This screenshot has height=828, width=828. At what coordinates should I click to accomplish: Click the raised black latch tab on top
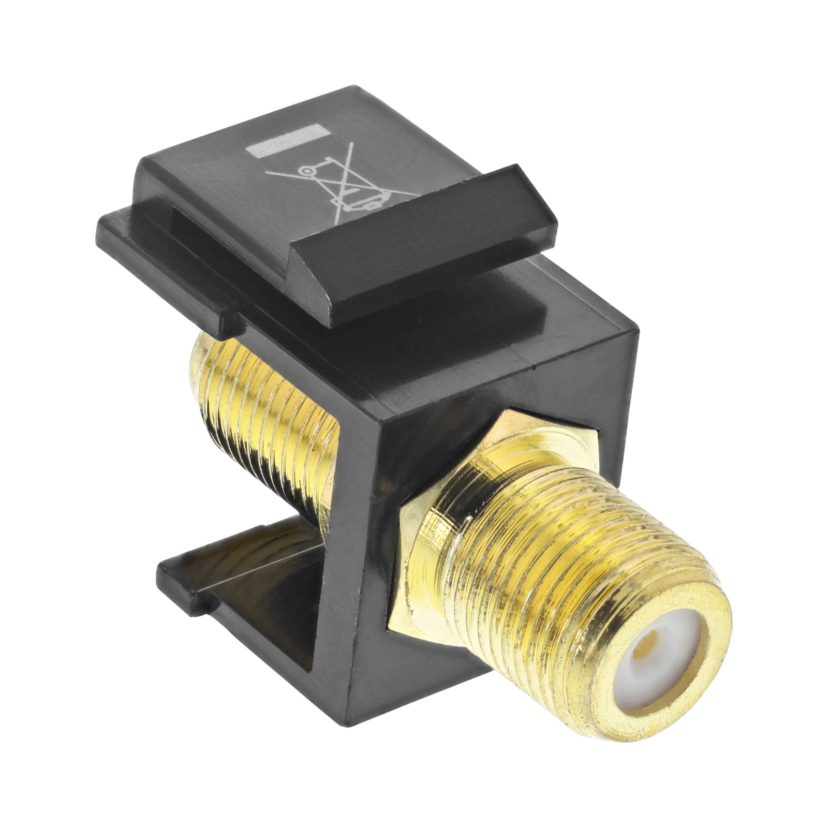[x=424, y=243]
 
